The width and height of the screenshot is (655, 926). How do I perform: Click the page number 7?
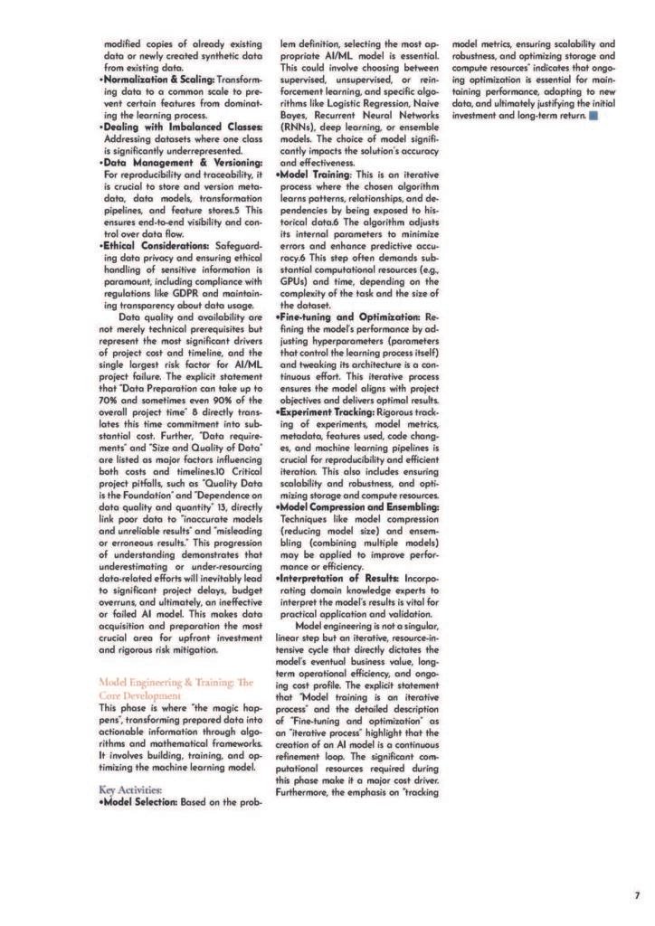636,895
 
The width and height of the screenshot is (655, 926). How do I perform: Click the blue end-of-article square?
593,116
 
